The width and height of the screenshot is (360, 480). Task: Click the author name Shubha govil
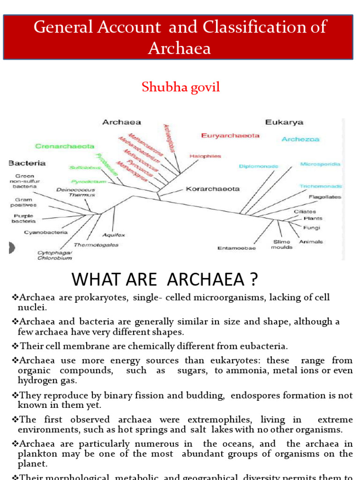pyautogui.click(x=180, y=88)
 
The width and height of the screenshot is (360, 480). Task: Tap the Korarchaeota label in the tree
pyautogui.click(x=213, y=189)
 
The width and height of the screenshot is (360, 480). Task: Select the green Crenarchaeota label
pyautogui.click(x=64, y=146)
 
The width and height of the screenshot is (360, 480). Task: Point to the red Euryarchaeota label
pyautogui.click(x=230, y=135)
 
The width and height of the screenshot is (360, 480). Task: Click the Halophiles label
pyautogui.click(x=205, y=156)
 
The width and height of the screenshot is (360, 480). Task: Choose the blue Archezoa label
pyautogui.click(x=300, y=139)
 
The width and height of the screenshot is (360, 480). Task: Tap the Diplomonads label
pyautogui.click(x=258, y=166)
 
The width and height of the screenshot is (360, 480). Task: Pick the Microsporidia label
pyautogui.click(x=320, y=164)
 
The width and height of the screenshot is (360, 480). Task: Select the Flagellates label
pyautogui.click(x=325, y=197)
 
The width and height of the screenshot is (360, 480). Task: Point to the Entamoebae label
pyautogui.click(x=237, y=248)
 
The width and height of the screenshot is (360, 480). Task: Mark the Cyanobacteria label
pyautogui.click(x=46, y=232)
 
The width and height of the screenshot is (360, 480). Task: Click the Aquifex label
pyautogui.click(x=113, y=235)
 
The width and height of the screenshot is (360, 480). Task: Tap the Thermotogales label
pyautogui.click(x=96, y=245)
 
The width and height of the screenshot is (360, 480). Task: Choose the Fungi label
pyautogui.click(x=312, y=228)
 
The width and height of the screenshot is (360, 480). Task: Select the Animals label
pyautogui.click(x=311, y=242)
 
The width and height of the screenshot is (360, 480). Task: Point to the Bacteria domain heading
pyautogui.click(x=27, y=163)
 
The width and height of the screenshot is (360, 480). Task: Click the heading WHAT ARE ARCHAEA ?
pyautogui.click(x=165, y=280)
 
